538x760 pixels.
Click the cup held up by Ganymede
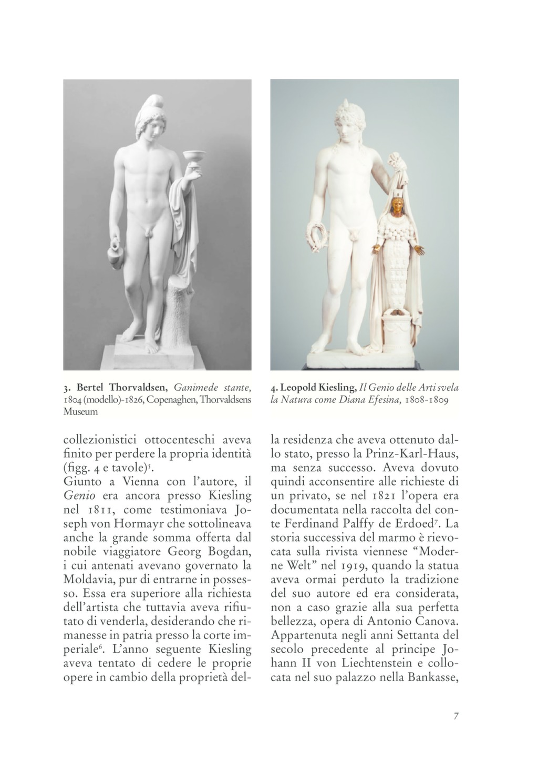point(193,157)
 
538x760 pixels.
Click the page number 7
point(456,716)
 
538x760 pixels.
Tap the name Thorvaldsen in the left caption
point(141,388)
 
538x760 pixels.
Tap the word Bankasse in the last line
point(433,678)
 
